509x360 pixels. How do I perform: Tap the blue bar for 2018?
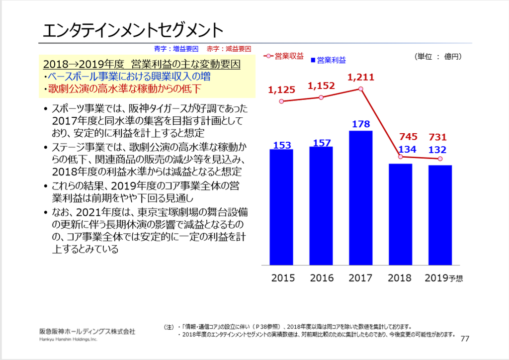point(400,214)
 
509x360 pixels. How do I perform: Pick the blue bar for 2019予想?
point(440,215)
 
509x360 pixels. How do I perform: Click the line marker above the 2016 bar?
point(322,97)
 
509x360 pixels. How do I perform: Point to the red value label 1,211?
point(361,77)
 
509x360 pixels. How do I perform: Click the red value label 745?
point(401,137)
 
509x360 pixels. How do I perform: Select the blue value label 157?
point(322,143)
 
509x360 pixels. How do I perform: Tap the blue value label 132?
point(438,150)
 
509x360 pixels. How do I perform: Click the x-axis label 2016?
point(322,278)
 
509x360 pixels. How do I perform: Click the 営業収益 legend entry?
point(285,56)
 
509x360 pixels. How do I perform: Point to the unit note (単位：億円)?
point(438,57)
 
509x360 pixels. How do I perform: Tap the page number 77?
point(465,339)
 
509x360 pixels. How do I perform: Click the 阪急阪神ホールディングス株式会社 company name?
point(87,331)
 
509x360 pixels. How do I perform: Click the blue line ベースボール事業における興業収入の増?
point(127,77)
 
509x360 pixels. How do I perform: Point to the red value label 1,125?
point(281,90)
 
